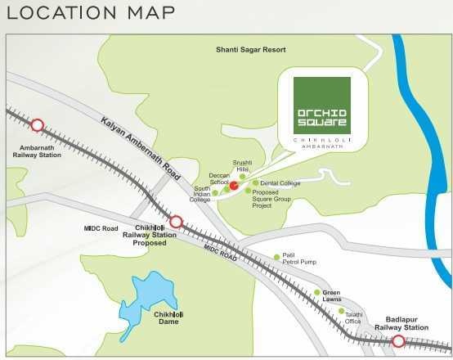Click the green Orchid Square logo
321,106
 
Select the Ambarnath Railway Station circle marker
37,125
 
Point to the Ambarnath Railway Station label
36,151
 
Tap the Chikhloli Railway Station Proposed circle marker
176,221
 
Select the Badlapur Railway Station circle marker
398,341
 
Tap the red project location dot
233,187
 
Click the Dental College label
280,183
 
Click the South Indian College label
201,194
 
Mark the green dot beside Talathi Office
342,311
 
